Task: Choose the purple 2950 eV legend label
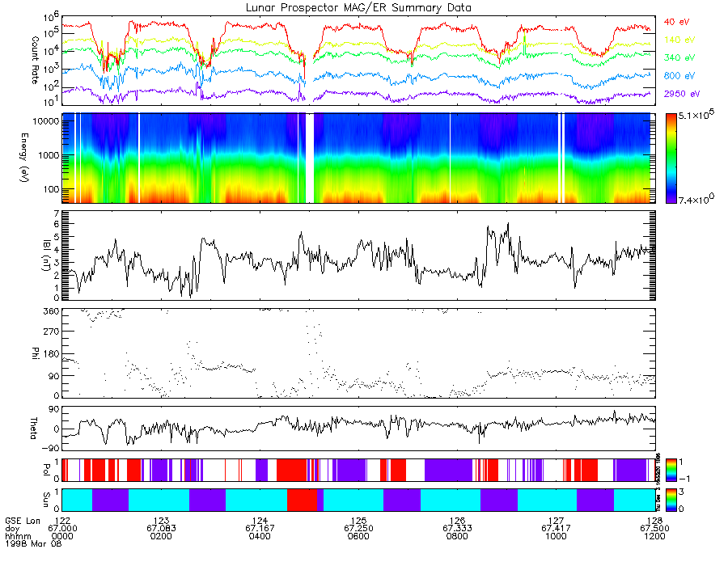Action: (681, 95)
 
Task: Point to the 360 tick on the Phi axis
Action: (52, 311)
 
